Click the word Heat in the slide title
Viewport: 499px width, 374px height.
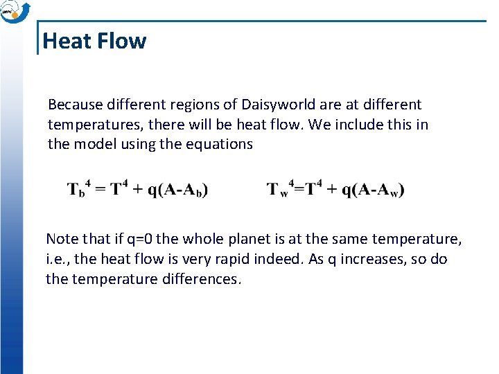(66, 41)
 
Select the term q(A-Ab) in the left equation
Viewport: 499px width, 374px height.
(177, 190)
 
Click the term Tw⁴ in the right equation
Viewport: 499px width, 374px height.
(281, 190)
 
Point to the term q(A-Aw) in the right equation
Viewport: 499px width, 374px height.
(374, 190)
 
